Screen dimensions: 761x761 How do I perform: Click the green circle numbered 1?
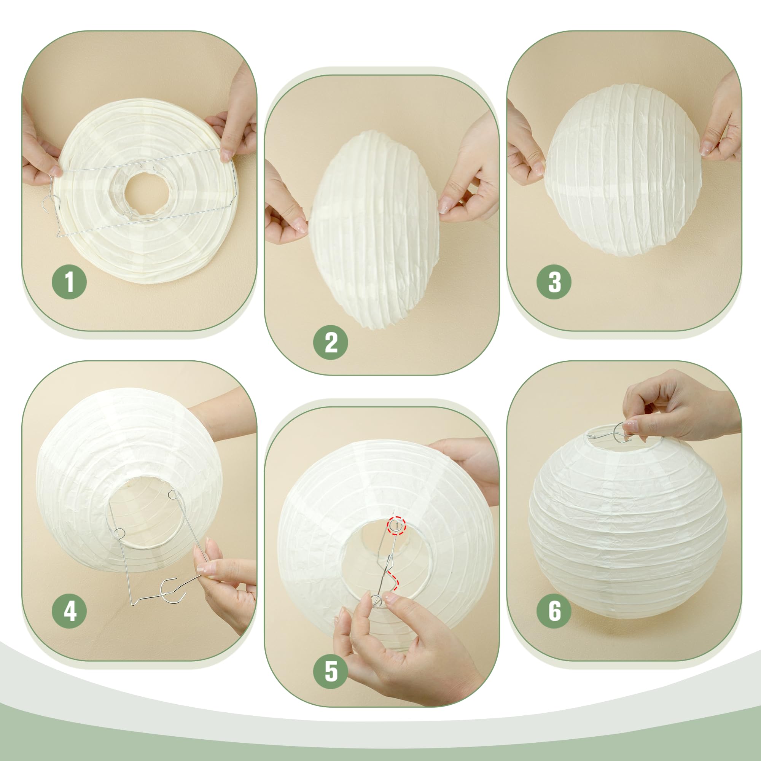pos(69,282)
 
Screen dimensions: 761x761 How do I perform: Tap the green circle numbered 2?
pos(331,342)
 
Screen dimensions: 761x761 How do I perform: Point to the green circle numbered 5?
pos(331,672)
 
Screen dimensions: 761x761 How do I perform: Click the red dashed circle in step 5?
pos(396,525)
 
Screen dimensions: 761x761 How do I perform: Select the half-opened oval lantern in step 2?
pos(374,231)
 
